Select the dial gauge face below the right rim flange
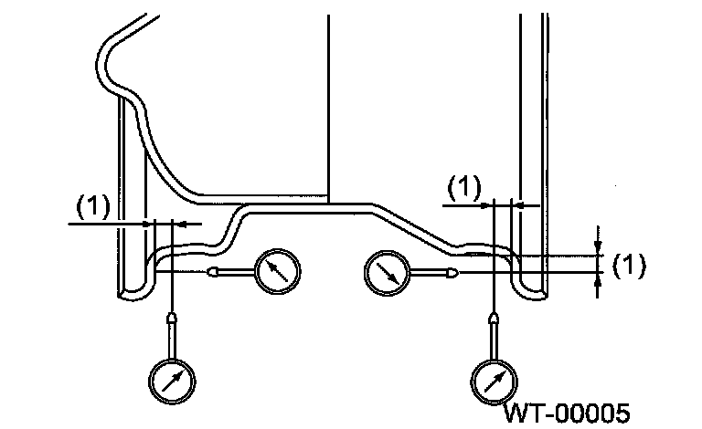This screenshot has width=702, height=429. pos(495,378)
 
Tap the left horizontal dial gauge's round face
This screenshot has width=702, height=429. pos(278,270)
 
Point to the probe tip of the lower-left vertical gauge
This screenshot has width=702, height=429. pos(172,318)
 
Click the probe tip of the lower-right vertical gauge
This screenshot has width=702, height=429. pos(495,318)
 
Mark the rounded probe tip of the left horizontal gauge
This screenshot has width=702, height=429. pos(214,271)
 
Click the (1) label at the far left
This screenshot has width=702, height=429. pos(91,206)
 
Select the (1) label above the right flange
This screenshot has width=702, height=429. pos(464,188)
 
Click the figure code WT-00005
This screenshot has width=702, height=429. pos(567,413)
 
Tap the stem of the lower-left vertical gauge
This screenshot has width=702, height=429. pos(172,341)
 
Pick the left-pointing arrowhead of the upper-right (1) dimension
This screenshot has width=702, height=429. pos(519,206)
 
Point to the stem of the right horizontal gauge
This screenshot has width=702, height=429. pos(424,272)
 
